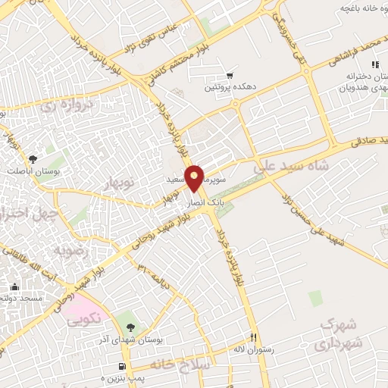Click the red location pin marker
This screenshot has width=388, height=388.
(x=196, y=178)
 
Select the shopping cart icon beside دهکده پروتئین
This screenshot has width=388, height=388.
(x=230, y=76)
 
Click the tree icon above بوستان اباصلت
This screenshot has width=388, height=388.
(x=32, y=159)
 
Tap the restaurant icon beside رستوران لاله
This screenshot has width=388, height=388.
(x=255, y=338)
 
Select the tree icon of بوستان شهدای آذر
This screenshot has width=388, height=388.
(x=130, y=327)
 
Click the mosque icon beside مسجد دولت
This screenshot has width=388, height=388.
(x=15, y=287)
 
